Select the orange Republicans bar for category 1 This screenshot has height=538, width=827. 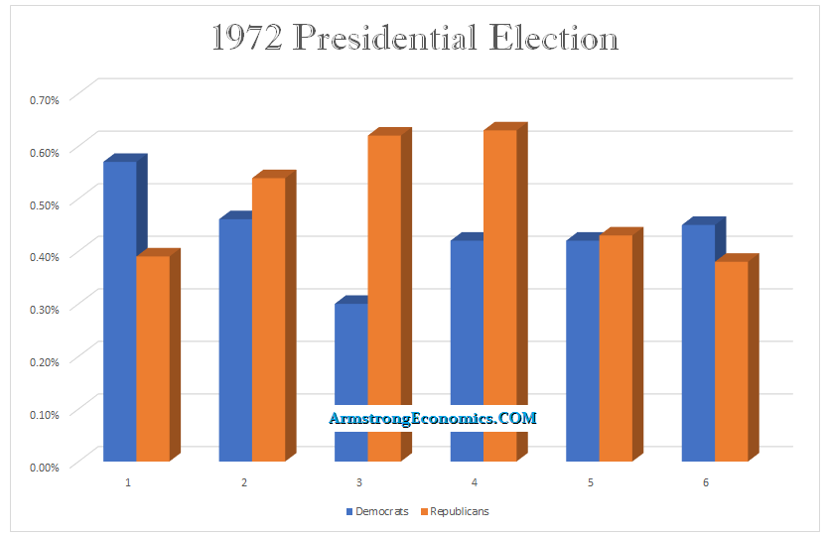click(x=153, y=358)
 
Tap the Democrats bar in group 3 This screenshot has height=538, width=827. click(x=350, y=382)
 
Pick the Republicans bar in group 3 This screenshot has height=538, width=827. click(x=384, y=298)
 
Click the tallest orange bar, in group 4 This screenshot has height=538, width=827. click(x=500, y=295)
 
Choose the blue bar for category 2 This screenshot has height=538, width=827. click(x=235, y=339)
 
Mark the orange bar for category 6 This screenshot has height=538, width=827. click(x=731, y=361)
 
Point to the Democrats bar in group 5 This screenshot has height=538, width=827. click(x=582, y=350)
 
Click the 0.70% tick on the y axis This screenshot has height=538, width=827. click(x=45, y=99)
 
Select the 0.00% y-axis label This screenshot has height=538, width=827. click(x=45, y=466)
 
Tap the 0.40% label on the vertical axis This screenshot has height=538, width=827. click(x=45, y=256)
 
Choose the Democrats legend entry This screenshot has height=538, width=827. click(x=377, y=512)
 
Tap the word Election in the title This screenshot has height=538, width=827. click(x=552, y=40)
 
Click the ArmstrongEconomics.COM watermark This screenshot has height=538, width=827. click(x=433, y=418)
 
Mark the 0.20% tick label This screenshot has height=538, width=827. click(x=45, y=360)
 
